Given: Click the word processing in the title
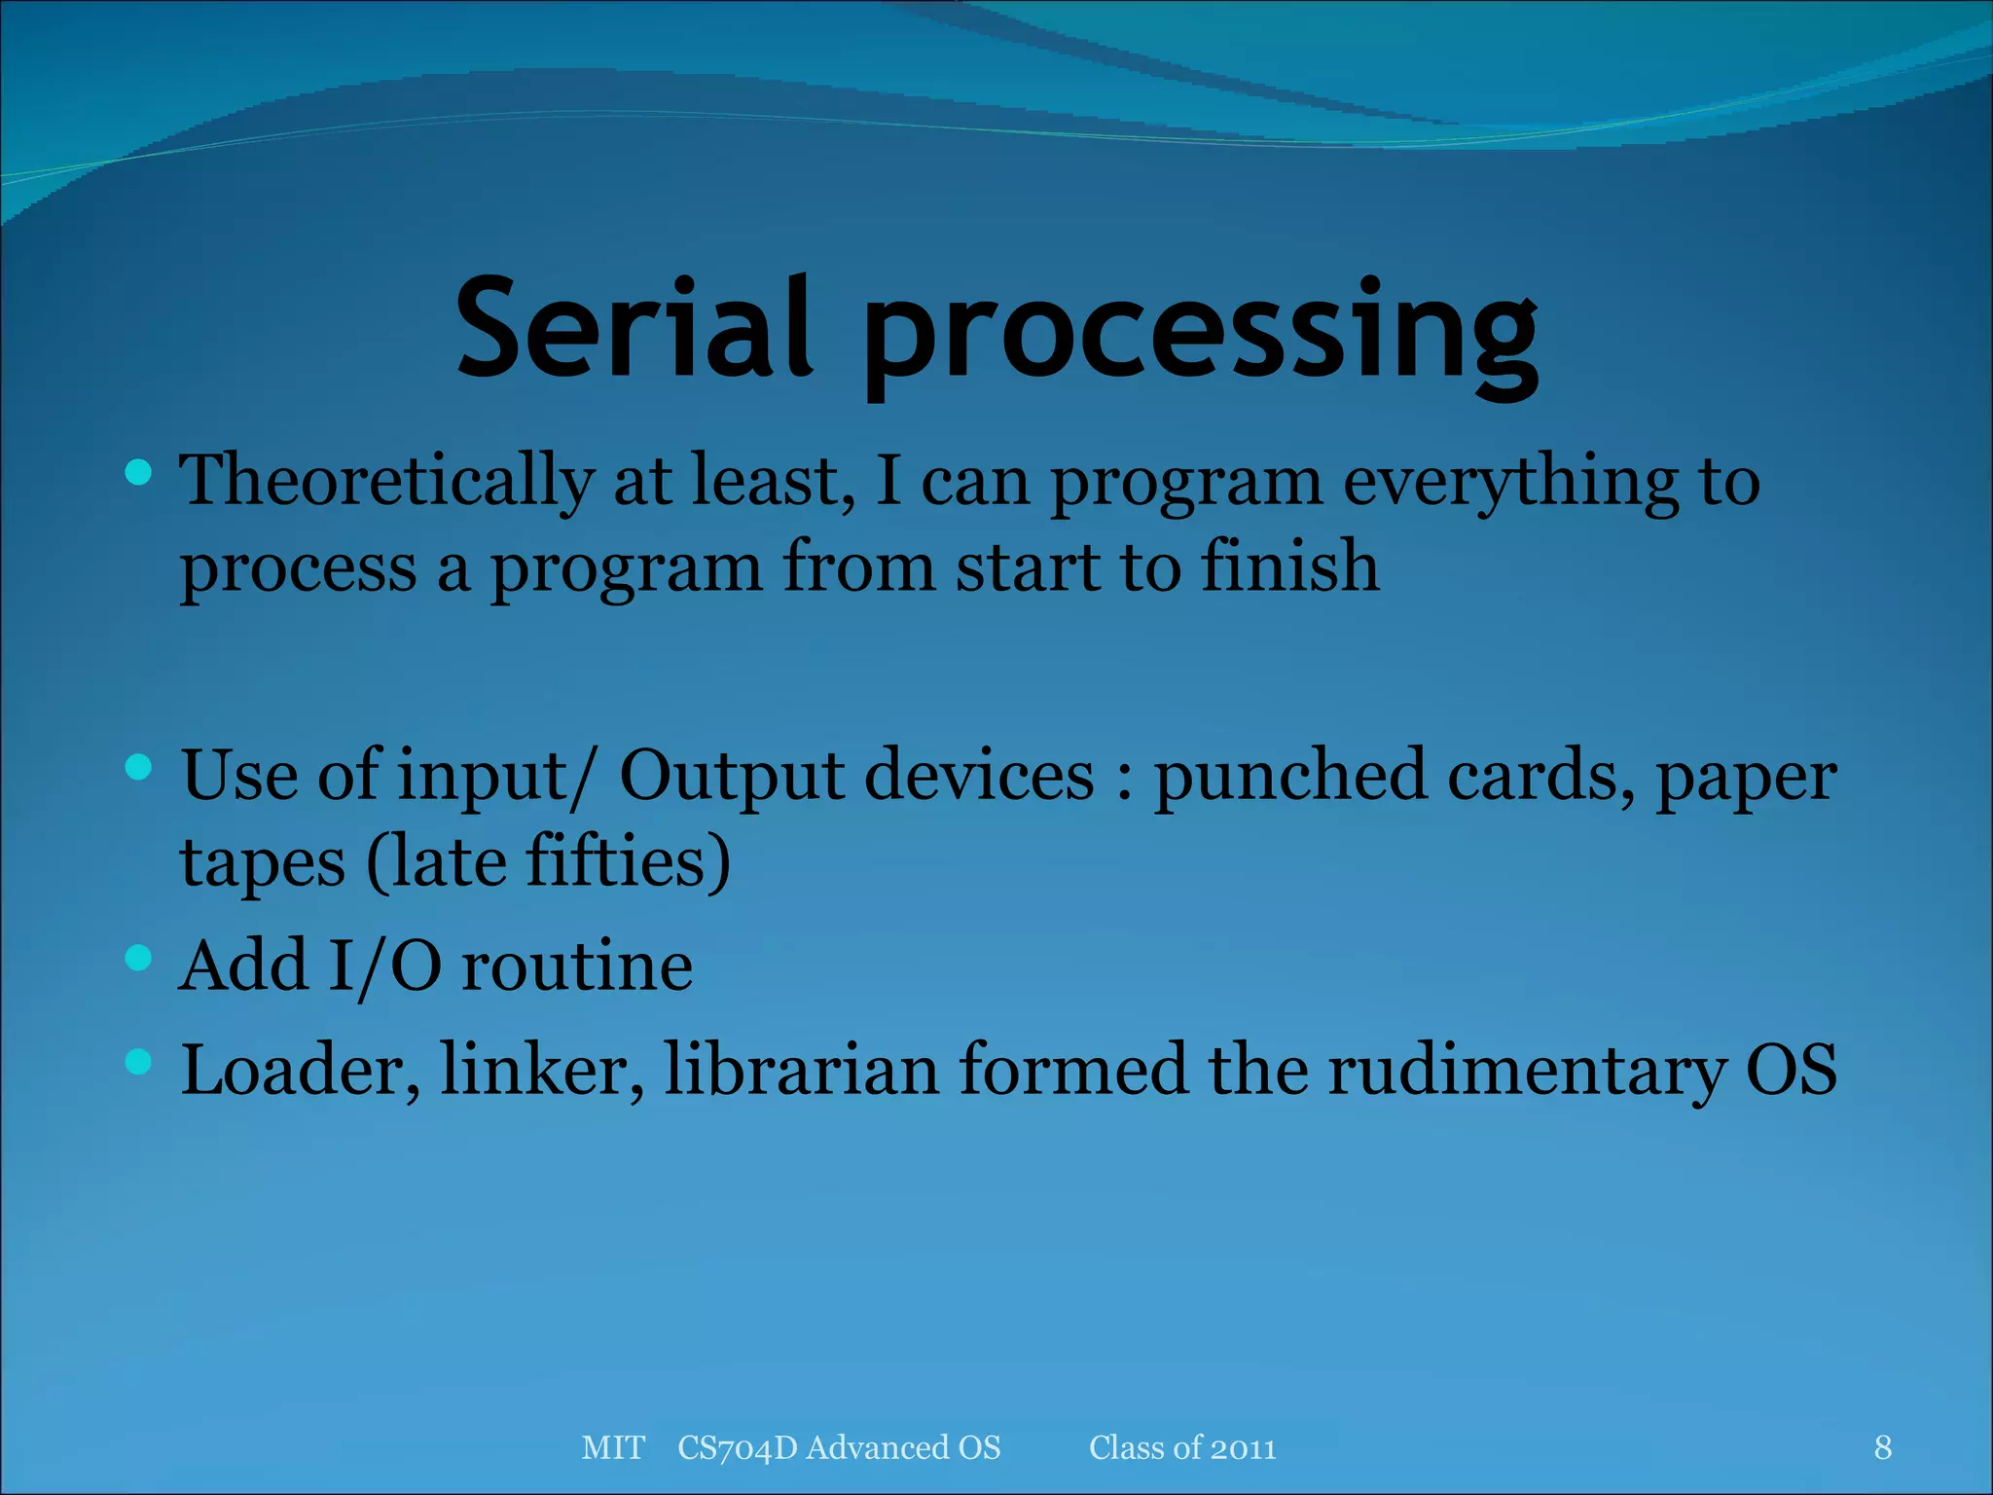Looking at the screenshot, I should coord(1199,336).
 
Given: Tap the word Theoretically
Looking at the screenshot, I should coord(386,482).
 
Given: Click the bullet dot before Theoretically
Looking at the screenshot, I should coord(139,473).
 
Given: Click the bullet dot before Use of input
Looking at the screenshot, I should coord(139,768).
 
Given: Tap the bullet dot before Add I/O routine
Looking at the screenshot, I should coord(139,959).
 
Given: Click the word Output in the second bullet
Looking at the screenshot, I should coord(732,777).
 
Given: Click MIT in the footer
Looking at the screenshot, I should coord(613,1447).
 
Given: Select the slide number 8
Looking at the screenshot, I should coord(1883,1447).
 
